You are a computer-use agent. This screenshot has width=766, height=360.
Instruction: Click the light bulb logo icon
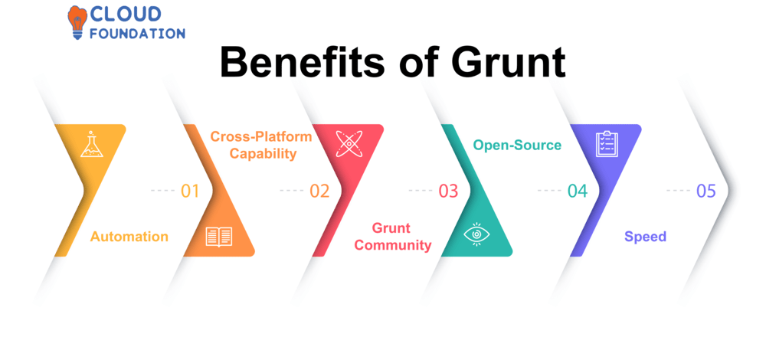[77, 23]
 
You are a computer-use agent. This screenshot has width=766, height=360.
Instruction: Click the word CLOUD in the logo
[126, 14]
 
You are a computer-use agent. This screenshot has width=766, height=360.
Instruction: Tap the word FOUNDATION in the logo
[137, 34]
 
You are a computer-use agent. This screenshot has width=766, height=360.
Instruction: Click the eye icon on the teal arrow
[477, 234]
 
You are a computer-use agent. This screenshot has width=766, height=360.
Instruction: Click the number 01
[190, 191]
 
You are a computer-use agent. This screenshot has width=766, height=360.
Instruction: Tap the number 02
[319, 191]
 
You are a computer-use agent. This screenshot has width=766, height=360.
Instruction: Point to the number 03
[448, 191]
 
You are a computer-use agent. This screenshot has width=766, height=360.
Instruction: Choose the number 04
[578, 191]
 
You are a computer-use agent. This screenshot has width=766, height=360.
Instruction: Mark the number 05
[706, 191]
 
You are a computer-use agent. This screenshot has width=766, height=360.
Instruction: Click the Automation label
[129, 237]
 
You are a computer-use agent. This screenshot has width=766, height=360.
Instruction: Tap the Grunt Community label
[392, 237]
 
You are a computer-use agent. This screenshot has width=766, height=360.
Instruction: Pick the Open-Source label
[517, 145]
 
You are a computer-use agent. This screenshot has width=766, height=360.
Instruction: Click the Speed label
[645, 237]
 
